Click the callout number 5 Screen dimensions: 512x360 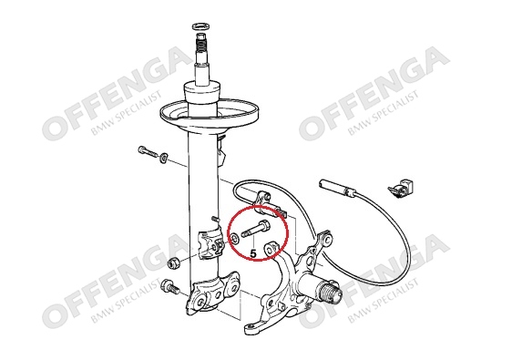(x=253, y=252)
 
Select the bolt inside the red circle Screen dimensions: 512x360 (x=256, y=230)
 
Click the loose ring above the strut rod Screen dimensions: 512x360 (x=200, y=26)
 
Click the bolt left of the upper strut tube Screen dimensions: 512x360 (x=148, y=151)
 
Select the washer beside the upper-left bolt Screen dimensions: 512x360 (x=163, y=157)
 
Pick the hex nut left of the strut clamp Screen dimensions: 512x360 (x=173, y=262)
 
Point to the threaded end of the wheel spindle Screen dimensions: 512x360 (x=330, y=290)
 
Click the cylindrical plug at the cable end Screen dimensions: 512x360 (x=336, y=189)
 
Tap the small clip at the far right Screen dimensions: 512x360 (x=399, y=189)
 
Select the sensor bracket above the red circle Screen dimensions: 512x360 (x=270, y=204)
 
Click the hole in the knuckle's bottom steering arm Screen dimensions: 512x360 (x=250, y=326)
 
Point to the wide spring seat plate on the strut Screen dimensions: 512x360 (x=210, y=115)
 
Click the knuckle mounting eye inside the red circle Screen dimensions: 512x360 (x=270, y=249)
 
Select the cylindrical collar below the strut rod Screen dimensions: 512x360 (x=200, y=93)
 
